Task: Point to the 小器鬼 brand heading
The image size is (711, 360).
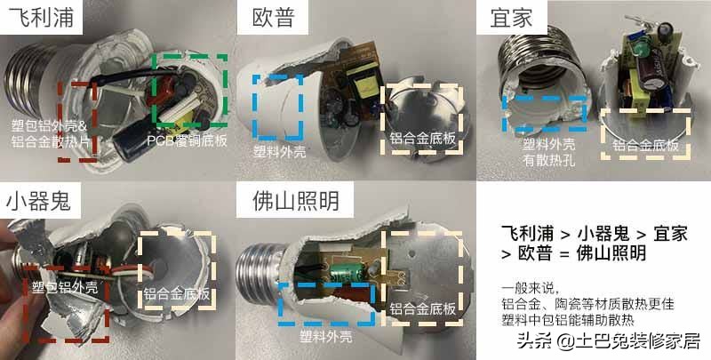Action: tap(40, 200)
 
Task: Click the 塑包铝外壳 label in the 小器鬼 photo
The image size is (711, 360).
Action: tap(62, 286)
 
